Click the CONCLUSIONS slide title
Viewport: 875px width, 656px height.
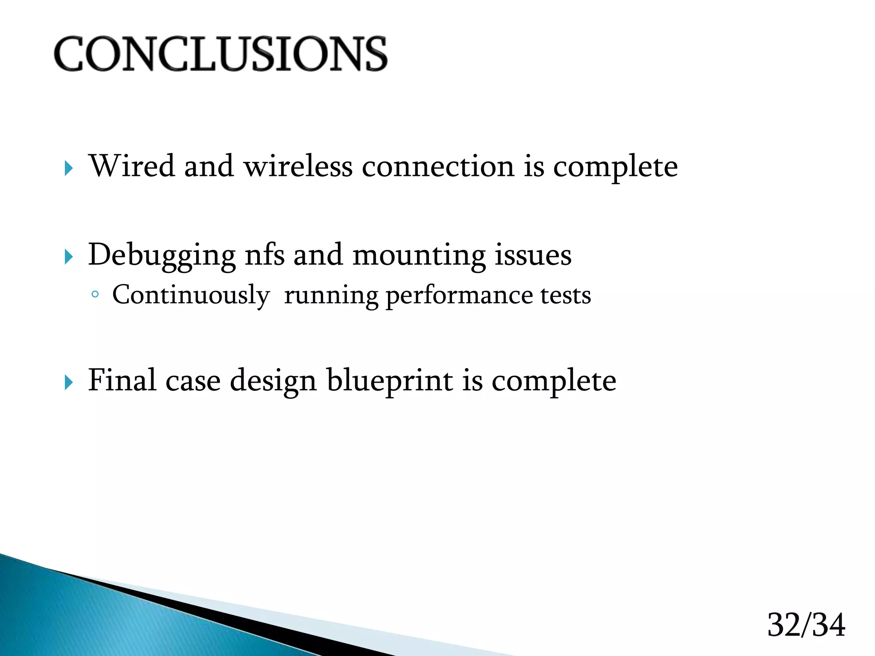point(220,54)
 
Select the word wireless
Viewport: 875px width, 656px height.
point(298,166)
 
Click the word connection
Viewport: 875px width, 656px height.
point(438,166)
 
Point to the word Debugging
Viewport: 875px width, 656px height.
point(161,255)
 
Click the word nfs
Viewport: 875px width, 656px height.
point(264,255)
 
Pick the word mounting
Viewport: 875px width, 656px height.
point(419,255)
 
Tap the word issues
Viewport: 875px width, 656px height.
point(533,255)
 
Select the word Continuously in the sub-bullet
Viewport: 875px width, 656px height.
point(191,296)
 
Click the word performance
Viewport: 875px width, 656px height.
point(459,296)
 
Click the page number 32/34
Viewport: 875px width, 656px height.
point(806,625)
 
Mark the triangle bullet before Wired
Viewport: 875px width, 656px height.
point(69,169)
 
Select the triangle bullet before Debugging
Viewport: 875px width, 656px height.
point(69,258)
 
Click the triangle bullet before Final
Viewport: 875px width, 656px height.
point(69,383)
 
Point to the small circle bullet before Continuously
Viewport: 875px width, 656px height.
point(95,294)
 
